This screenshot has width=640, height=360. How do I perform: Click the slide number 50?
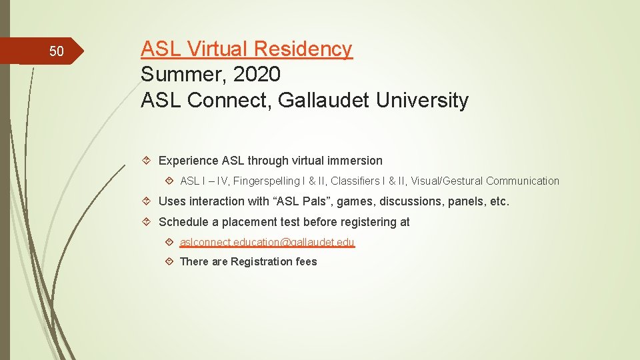(x=57, y=51)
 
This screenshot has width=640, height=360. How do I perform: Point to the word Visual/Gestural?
(x=447, y=181)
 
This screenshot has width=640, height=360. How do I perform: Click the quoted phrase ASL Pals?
(x=303, y=201)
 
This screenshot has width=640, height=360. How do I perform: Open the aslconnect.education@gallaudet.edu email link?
(x=267, y=242)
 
